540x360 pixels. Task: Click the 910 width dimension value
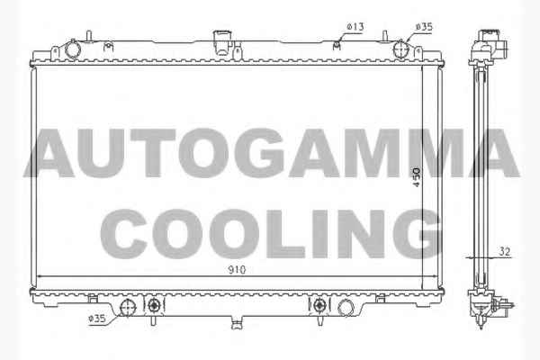(237, 270)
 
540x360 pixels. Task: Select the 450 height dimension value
(417, 177)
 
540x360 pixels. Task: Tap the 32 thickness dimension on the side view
(505, 252)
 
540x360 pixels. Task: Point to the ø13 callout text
(355, 26)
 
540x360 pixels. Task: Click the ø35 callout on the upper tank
(424, 26)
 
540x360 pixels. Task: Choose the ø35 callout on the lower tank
(97, 319)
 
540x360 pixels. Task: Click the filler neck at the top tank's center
(221, 42)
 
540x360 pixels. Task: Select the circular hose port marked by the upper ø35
(400, 49)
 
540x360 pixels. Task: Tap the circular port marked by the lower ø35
(128, 307)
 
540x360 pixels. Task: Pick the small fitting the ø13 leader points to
(337, 45)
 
